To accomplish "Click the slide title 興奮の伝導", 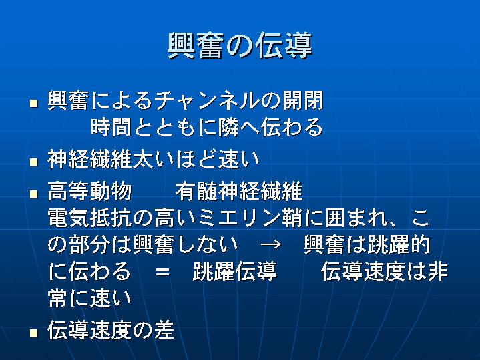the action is pyautogui.click(x=240, y=45).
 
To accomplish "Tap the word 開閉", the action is pyautogui.click(x=303, y=100).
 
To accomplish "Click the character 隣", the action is pyautogui.click(x=229, y=127).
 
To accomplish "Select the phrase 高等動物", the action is pyautogui.click(x=89, y=191).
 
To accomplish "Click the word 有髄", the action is pyautogui.click(x=196, y=191).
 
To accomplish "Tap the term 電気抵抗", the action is pyautogui.click(x=89, y=218).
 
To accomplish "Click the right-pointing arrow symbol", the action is pyautogui.click(x=271, y=245).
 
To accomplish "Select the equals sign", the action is pyautogui.click(x=162, y=272).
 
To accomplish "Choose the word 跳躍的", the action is pyautogui.click(x=399, y=245).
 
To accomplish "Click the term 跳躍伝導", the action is pyautogui.click(x=235, y=271).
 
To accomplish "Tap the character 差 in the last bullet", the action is pyautogui.click(x=164, y=331).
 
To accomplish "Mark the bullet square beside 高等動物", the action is pyautogui.click(x=33, y=194).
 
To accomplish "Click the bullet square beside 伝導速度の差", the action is pyautogui.click(x=33, y=333).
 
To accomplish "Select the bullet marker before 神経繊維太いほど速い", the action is pyautogui.click(x=33, y=162).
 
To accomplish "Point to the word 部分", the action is pyautogui.click(x=89, y=245).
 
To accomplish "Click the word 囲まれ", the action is pyautogui.click(x=356, y=218).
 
